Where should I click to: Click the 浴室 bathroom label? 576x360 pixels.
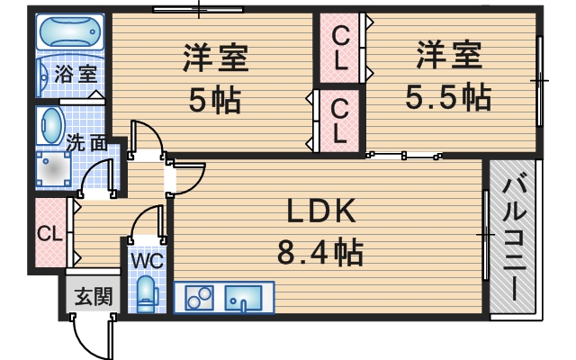[76, 74]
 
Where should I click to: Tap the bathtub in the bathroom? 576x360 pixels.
[69, 34]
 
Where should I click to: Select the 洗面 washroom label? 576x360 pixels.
[86, 141]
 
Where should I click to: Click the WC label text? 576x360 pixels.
[147, 260]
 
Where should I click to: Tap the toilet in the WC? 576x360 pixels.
[147, 292]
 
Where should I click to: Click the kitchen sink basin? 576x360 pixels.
[244, 296]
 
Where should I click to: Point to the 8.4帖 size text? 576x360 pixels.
[322, 251]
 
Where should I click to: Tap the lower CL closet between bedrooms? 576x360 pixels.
[339, 120]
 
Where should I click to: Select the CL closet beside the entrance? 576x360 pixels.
[49, 233]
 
